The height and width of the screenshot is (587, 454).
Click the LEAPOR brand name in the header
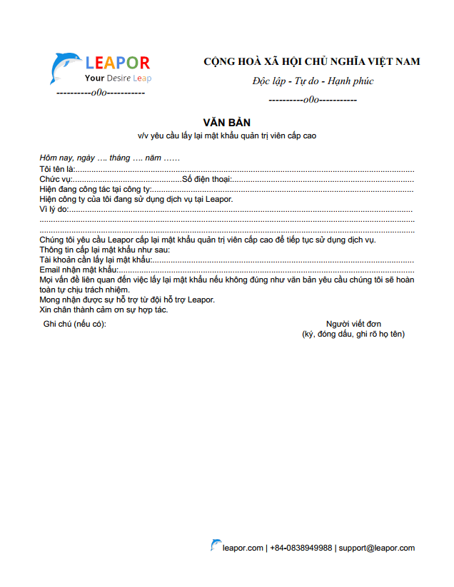click(117, 63)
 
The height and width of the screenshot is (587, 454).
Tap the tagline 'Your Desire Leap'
click(118, 78)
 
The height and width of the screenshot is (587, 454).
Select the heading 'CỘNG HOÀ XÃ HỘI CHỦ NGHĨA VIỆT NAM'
click(312, 62)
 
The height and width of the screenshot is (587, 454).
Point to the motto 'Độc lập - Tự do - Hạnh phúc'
click(313, 81)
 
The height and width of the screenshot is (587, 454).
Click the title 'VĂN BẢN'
click(227, 123)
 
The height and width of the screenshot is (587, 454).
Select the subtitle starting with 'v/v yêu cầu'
click(227, 135)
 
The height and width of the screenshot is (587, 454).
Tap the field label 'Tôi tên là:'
click(57, 169)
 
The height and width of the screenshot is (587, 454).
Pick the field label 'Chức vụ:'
click(56, 179)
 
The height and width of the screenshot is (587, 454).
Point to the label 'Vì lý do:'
click(54, 209)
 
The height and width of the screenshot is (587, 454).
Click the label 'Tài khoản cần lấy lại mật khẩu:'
click(96, 260)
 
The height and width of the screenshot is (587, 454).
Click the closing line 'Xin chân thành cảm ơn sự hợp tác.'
click(104, 310)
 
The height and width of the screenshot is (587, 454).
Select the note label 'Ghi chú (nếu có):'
click(74, 324)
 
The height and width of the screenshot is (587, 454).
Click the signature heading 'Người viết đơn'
click(353, 324)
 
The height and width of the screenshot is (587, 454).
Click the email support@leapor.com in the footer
click(376, 548)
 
